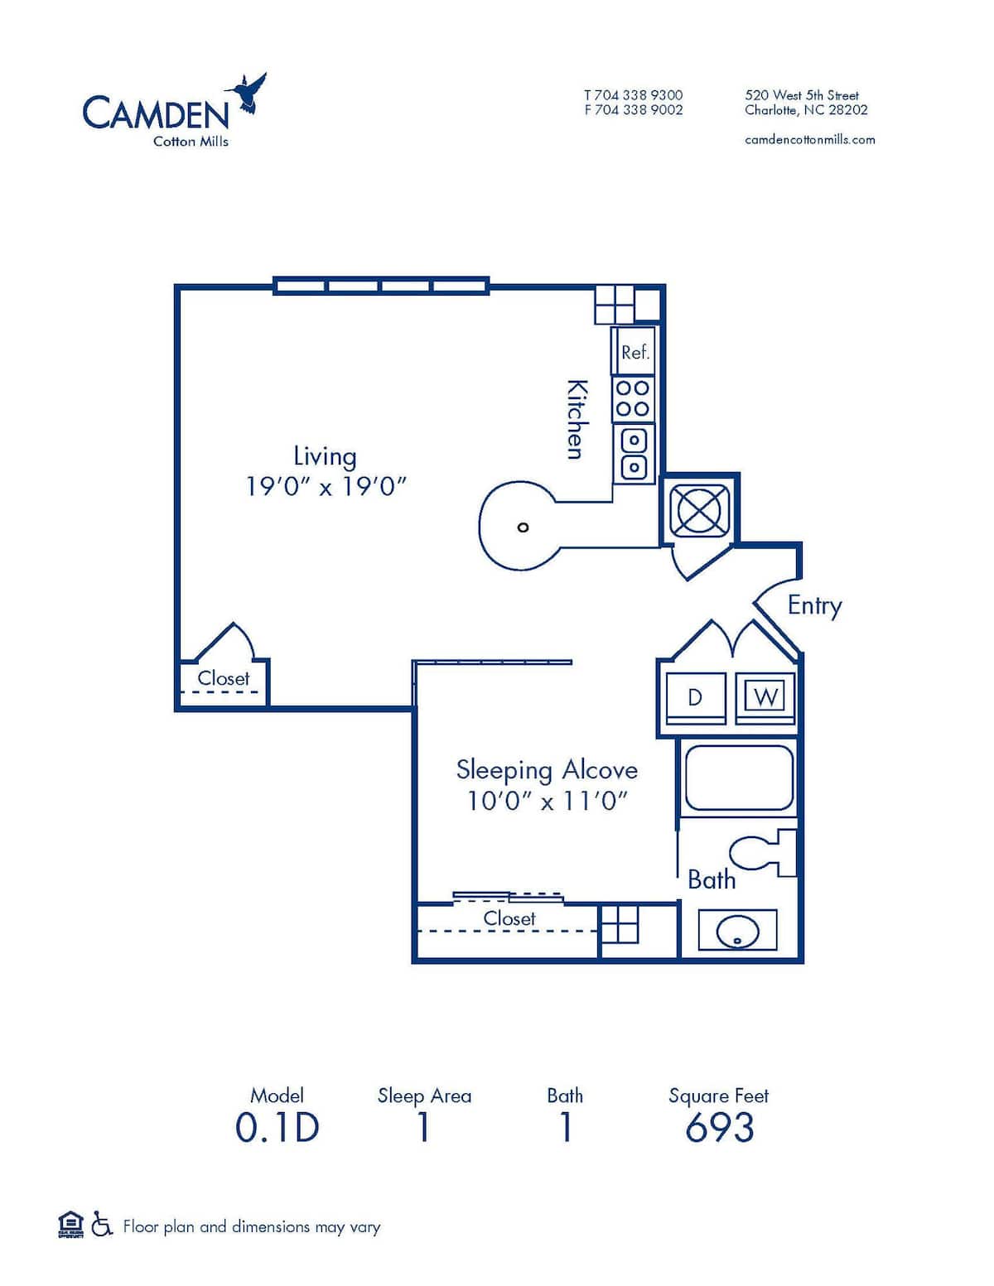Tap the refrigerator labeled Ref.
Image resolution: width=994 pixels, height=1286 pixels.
tap(634, 352)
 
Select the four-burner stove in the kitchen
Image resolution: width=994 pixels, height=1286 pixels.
tap(633, 398)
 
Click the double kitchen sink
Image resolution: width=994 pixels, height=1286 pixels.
tap(634, 453)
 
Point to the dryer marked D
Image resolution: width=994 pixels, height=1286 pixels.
tap(696, 697)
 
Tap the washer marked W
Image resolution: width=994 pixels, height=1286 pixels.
tap(765, 697)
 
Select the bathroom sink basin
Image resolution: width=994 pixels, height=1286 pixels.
tap(736, 930)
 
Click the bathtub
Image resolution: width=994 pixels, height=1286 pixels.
tap(738, 778)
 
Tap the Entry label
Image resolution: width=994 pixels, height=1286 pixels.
tap(814, 605)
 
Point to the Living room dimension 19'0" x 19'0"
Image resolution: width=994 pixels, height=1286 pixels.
tap(326, 486)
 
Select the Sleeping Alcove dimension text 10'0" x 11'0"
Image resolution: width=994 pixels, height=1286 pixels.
tap(547, 801)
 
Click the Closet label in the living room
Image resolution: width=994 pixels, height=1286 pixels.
tap(223, 678)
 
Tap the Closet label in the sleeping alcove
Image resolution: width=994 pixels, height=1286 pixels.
tap(509, 918)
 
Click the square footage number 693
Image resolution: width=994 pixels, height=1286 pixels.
tap(719, 1128)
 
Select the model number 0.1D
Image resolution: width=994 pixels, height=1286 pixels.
tap(277, 1128)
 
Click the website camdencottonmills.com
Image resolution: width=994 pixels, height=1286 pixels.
tap(809, 139)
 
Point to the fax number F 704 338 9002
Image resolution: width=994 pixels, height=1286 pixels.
tap(633, 109)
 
